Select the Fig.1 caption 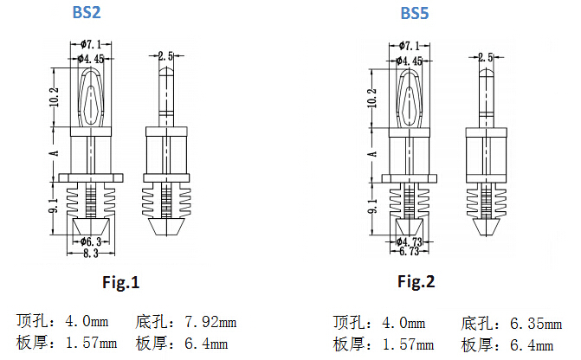pos(120,282)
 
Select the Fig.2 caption pos(416,282)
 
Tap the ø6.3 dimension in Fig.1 pos(91,241)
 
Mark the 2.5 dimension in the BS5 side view pos(486,56)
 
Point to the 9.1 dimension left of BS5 pos(373,207)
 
